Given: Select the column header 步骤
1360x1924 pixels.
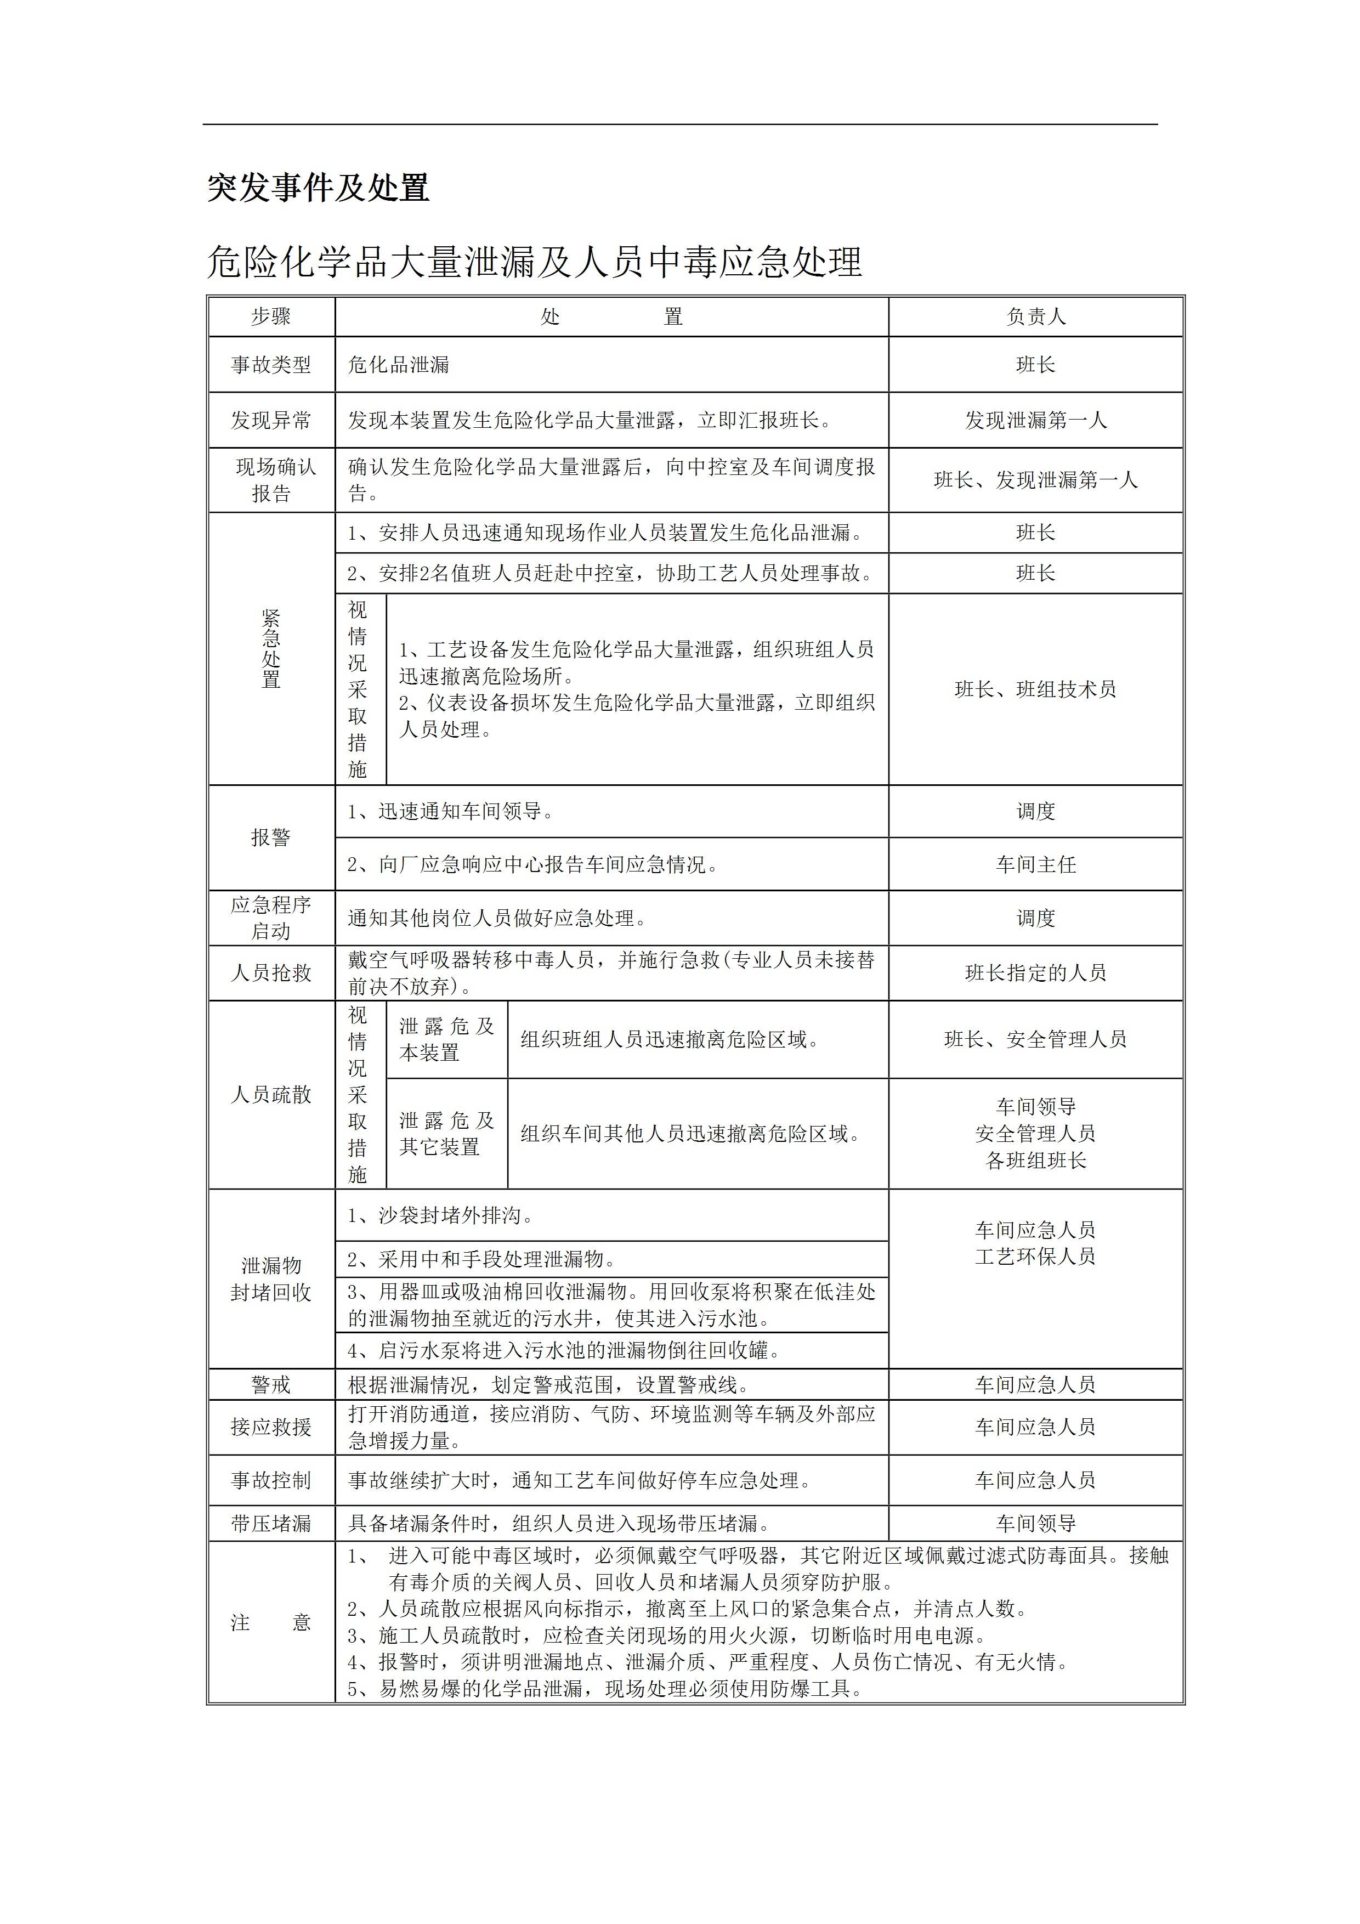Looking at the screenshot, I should click(x=271, y=317).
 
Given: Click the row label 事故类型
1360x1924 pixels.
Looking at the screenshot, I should click(x=271, y=365).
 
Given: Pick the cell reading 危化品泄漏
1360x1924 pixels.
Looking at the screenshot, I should click(x=399, y=365).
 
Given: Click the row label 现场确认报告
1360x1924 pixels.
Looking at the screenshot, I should click(x=271, y=480).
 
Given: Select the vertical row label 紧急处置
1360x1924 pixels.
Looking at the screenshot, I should click(x=271, y=649).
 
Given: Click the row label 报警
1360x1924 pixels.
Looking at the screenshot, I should click(x=271, y=837).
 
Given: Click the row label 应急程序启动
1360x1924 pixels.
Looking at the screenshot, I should click(x=271, y=918).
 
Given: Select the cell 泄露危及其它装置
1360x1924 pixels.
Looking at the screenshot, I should click(x=446, y=1133).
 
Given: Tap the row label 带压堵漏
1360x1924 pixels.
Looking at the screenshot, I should click(x=271, y=1523).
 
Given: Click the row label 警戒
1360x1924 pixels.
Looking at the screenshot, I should click(x=271, y=1384).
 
